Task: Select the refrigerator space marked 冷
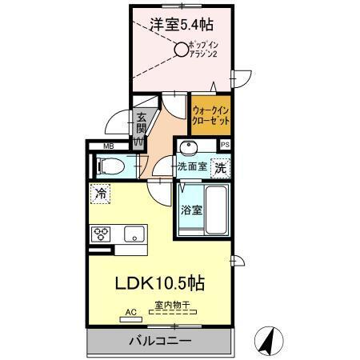pyautogui.click(x=101, y=193)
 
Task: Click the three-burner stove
pyautogui.click(x=104, y=234)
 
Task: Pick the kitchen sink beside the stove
pyautogui.click(x=132, y=234)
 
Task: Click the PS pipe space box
pyautogui.click(x=226, y=145)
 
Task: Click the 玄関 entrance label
pyautogui.click(x=141, y=123)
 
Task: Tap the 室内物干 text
pyautogui.click(x=171, y=305)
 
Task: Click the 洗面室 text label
pyautogui.click(x=192, y=168)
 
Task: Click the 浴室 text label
pyautogui.click(x=190, y=210)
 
